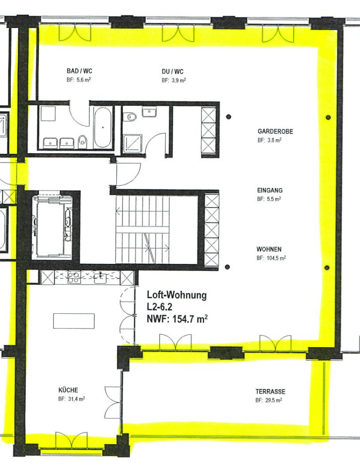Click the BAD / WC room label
tap(80, 71)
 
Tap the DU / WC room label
tap(173, 71)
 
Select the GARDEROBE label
tap(275, 131)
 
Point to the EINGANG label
tap(270, 190)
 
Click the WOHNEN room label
tap(269, 249)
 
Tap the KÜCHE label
tap(68, 390)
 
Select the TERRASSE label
tap(271, 391)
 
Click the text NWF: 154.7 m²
tap(177, 319)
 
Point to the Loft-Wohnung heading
tap(177, 295)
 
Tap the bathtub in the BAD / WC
tap(103, 127)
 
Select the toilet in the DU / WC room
tap(131, 116)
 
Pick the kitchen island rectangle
tap(74, 321)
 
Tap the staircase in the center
tap(143, 230)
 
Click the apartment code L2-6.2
tap(160, 307)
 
